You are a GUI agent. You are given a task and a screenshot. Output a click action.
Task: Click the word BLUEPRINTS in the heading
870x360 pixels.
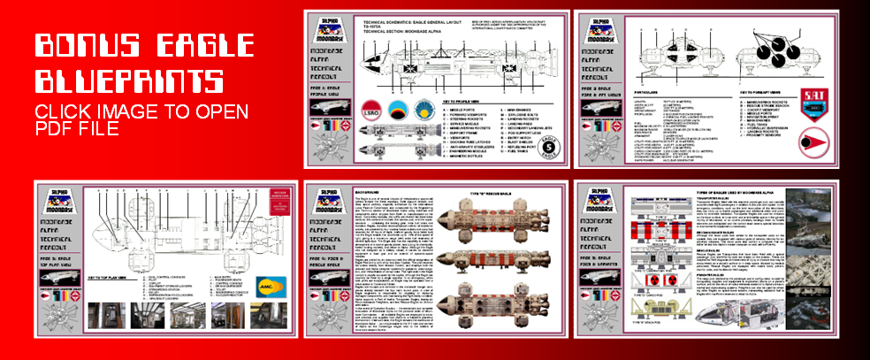[x=127, y=81]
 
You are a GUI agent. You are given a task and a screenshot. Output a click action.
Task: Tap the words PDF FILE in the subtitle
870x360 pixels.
[x=76, y=130]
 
